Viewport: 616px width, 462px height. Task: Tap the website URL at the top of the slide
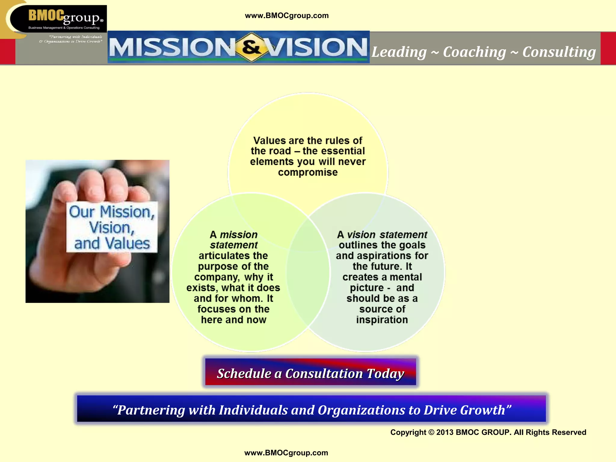(287, 16)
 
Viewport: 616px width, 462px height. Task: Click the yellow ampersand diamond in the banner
(251, 47)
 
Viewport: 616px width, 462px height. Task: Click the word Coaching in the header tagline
(474, 52)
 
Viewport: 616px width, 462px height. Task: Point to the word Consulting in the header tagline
(559, 52)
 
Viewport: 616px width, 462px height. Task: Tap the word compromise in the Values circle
(308, 172)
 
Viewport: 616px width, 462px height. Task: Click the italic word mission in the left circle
(239, 235)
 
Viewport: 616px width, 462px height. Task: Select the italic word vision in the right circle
(361, 235)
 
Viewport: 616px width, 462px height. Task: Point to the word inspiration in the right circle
(382, 320)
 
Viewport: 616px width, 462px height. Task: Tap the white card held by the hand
(112, 227)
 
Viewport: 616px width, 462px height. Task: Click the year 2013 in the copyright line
(445, 432)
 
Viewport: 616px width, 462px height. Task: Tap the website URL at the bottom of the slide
(286, 453)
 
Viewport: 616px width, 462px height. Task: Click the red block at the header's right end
(608, 48)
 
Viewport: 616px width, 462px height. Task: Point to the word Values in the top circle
(269, 140)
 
